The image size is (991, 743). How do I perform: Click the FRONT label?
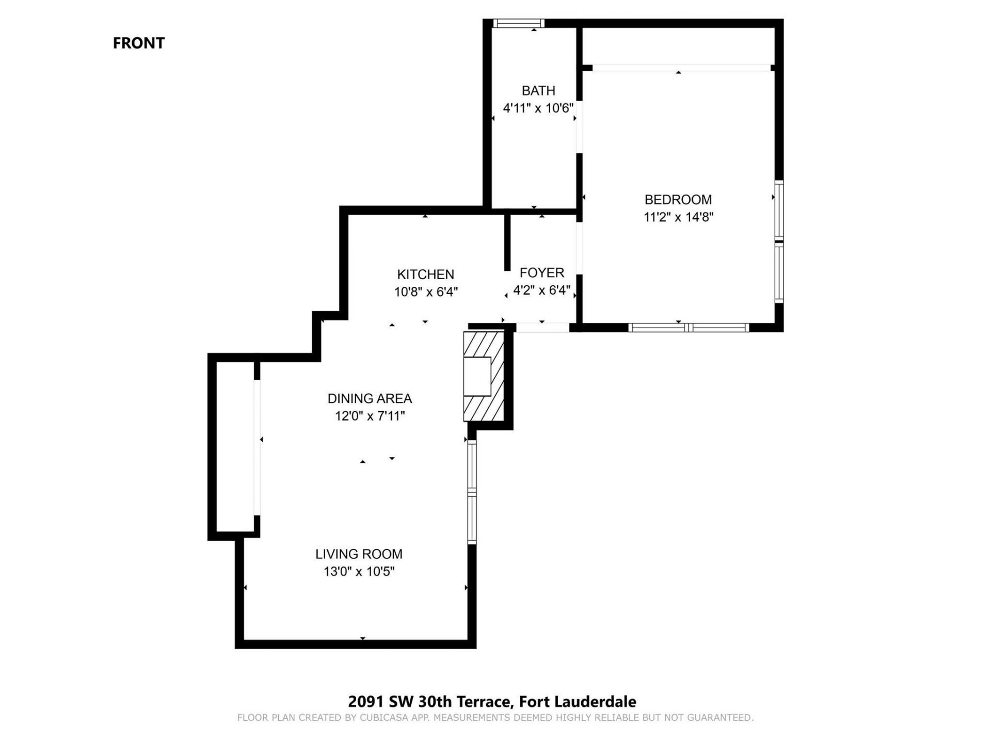coord(138,43)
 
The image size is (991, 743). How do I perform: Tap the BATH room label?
coord(538,91)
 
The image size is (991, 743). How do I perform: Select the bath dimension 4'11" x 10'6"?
coord(538,108)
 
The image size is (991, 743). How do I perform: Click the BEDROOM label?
coord(678,200)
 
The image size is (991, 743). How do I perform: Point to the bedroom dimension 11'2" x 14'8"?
coord(678,217)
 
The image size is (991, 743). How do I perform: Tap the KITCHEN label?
coord(425,274)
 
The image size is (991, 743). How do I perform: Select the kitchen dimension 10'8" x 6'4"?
coord(426,292)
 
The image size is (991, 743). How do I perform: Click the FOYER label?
coord(541,273)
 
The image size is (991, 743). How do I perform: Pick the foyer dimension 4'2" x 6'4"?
coord(541,290)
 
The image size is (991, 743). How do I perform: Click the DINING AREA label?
coord(370,399)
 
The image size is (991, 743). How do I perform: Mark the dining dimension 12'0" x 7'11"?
coord(370,416)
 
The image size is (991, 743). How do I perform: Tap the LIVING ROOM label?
coord(359,554)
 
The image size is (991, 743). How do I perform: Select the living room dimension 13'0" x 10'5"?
coord(359,572)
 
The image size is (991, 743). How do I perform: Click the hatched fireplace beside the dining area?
coord(484,377)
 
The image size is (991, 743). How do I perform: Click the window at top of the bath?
coord(518,23)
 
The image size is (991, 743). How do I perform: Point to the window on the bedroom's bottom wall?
coord(688,328)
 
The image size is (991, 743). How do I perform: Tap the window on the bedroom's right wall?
coord(779,241)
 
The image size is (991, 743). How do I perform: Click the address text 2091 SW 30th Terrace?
coord(429,702)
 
